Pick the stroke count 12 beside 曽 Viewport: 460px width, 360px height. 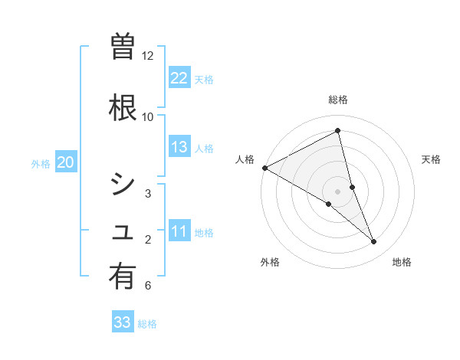(x=148, y=55)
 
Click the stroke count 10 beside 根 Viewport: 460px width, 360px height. (x=148, y=116)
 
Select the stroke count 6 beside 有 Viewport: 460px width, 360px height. (x=148, y=286)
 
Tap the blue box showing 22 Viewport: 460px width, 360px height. (x=179, y=78)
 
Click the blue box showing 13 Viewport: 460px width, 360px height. (x=179, y=147)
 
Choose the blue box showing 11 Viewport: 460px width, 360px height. (x=179, y=231)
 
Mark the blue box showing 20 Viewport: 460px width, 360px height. (x=66, y=162)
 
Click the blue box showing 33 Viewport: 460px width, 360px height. (x=123, y=322)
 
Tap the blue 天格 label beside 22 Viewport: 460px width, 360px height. (x=204, y=79)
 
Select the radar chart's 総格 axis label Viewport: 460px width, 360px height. (x=338, y=100)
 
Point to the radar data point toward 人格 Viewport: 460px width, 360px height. (x=264, y=168)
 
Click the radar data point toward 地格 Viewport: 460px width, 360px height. (x=374, y=241)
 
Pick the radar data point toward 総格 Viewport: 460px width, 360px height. (x=338, y=131)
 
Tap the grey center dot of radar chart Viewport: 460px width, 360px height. (x=338, y=191)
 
